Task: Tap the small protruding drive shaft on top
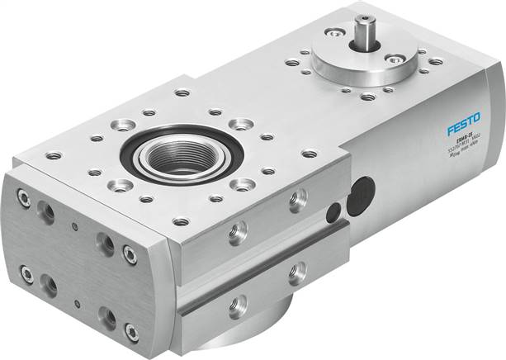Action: point(362,36)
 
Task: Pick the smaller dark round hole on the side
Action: point(333,214)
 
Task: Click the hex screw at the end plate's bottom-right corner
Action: point(131,333)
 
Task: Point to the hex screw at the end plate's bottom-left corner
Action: point(26,272)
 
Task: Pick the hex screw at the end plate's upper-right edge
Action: point(130,254)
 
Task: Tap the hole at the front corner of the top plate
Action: point(182,221)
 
